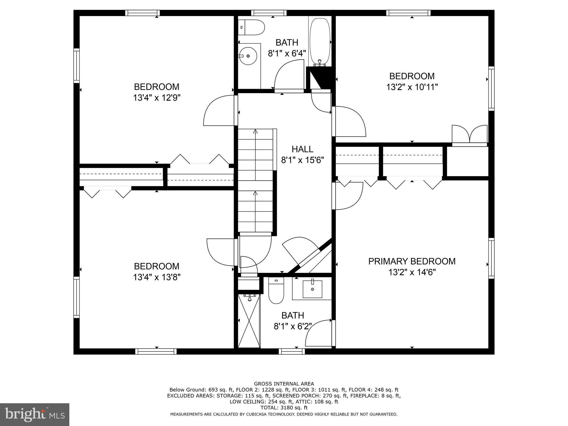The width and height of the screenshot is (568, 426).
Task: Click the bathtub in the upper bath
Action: (320, 42)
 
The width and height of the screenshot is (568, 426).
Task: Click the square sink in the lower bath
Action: (313, 289)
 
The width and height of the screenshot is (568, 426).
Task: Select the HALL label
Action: (302, 149)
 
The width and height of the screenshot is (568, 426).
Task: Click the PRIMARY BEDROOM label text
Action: (412, 261)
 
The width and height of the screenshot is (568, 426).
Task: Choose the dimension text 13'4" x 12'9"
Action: (157, 98)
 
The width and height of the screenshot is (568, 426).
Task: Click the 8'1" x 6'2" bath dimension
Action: (293, 326)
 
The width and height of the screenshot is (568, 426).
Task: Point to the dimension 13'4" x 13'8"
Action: (157, 277)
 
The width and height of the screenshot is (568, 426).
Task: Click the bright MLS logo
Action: (35, 414)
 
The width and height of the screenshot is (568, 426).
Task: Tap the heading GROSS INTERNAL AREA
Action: (284, 384)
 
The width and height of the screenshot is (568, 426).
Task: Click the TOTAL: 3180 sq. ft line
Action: (284, 408)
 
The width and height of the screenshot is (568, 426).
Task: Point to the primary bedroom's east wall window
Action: (491, 258)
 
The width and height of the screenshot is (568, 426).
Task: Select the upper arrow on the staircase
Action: (255, 131)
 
